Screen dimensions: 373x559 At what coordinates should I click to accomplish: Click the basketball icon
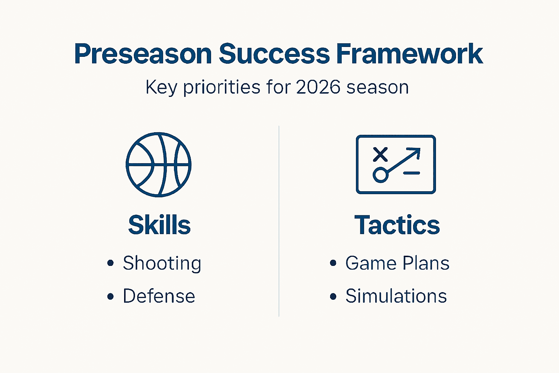[159, 165]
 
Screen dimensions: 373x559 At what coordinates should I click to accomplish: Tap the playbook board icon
[396, 164]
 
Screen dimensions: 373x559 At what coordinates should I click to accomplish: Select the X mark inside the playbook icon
[380, 154]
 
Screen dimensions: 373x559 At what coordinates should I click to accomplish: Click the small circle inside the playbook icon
[380, 175]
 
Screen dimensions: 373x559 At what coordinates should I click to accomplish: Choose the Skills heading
[159, 225]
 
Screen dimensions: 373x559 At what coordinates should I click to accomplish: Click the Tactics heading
[397, 225]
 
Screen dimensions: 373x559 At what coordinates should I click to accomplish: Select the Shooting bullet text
[162, 263]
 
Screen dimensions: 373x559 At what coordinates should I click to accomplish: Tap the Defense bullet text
[159, 296]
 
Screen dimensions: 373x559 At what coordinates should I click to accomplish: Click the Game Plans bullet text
[397, 263]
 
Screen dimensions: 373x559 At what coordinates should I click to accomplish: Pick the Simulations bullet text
[396, 296]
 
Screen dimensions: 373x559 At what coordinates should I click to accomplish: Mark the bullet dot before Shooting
[111, 263]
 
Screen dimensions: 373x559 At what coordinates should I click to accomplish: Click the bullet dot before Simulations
[333, 296]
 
